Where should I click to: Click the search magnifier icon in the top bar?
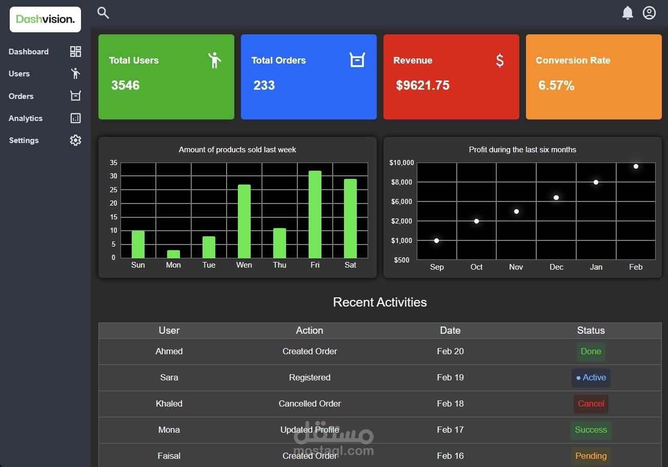click(103, 13)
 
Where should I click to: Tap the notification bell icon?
click(627, 13)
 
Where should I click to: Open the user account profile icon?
click(649, 13)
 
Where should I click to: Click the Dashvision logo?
click(45, 19)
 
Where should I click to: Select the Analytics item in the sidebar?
click(26, 118)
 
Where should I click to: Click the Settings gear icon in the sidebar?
click(75, 140)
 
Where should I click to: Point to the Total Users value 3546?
click(126, 86)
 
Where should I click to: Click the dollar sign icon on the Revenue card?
click(500, 60)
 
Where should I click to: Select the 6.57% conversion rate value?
click(556, 86)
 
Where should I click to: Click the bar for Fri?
click(315, 214)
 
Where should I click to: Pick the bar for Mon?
click(173, 254)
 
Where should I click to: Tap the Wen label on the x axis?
click(244, 265)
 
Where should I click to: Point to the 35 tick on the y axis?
click(114, 163)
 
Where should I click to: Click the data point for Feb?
click(636, 166)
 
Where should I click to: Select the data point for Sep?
click(436, 240)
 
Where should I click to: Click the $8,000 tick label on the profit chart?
click(401, 182)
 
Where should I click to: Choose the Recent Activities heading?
click(380, 302)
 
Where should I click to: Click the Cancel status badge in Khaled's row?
click(591, 404)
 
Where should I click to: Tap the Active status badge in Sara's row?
click(591, 378)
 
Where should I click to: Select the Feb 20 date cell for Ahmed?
click(450, 352)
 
